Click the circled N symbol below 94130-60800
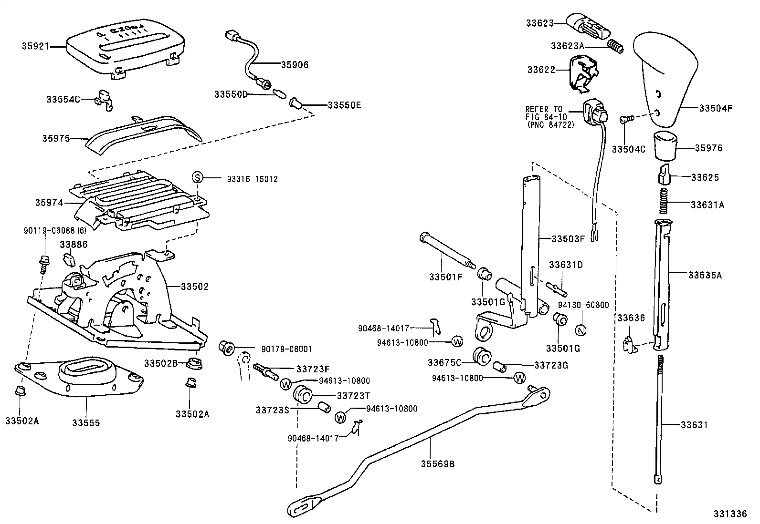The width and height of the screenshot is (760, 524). click(581, 329)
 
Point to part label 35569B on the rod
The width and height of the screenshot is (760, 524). click(437, 463)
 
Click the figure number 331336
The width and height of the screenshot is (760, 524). click(730, 514)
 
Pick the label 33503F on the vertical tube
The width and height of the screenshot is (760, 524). click(568, 238)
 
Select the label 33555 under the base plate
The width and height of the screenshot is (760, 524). click(86, 422)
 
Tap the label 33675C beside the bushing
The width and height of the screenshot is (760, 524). click(443, 362)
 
